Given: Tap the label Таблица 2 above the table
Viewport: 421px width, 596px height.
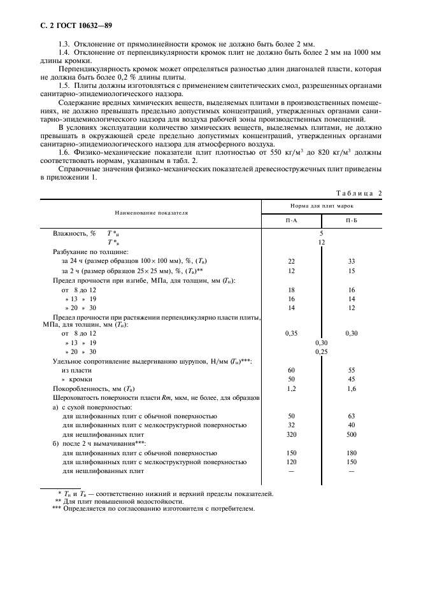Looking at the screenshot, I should click(358, 193).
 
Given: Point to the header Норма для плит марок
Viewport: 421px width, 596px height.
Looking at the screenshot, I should click(322, 206).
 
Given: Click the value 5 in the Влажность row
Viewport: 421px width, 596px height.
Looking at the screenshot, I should click(322, 234).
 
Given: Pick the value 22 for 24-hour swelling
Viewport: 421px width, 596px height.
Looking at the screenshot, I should click(291, 262).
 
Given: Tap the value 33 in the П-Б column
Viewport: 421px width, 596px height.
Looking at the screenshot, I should click(352, 262).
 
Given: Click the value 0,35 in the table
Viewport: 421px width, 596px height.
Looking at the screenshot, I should click(291, 333).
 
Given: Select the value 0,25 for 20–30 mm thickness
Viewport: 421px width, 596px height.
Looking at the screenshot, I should click(322, 351).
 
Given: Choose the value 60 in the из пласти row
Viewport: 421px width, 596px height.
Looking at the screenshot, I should click(291, 369).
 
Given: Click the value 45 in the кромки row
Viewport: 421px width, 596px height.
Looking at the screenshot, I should click(352, 378).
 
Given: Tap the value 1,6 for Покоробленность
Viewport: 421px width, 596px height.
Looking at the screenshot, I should click(352, 388).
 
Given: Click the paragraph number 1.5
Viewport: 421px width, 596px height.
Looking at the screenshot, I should click(63, 85).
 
